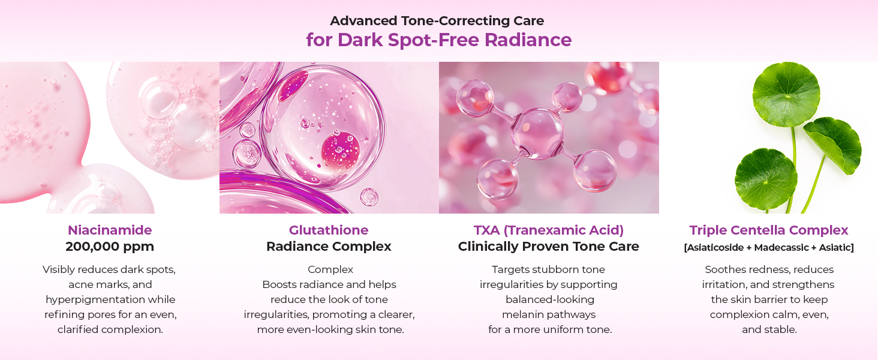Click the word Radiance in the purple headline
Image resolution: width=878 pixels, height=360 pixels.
coord(528,40)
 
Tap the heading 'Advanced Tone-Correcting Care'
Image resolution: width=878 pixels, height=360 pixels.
coord(437,20)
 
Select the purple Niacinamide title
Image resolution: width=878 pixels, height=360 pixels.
coord(110,230)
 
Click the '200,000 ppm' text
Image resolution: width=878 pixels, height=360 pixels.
coord(110,247)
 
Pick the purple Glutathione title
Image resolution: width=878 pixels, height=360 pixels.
coord(329,230)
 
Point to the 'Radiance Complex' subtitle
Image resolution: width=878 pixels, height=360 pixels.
coord(329,247)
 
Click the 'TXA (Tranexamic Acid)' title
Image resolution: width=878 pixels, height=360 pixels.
coord(548,230)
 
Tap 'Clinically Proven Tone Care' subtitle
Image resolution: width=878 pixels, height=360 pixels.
coord(548,247)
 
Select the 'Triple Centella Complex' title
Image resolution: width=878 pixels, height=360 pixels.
coord(769,230)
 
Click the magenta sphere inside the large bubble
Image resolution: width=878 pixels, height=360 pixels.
coord(340,151)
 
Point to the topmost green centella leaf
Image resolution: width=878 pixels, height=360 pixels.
coord(786,94)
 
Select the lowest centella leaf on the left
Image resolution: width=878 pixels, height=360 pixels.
coord(765,179)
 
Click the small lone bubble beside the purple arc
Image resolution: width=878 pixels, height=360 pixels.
coord(369,197)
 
